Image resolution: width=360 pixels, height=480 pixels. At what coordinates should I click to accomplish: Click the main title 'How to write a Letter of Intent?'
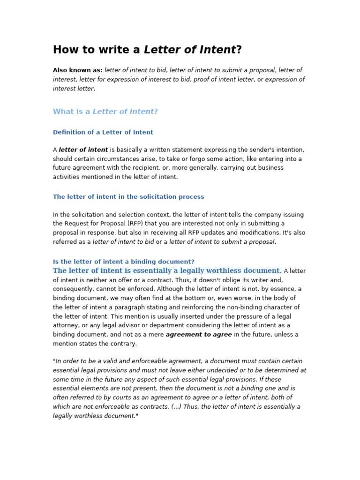tap(147, 50)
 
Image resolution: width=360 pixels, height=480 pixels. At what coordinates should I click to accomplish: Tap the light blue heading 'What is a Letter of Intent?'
tap(105, 112)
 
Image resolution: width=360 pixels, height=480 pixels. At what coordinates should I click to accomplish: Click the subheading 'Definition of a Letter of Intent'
tap(103, 132)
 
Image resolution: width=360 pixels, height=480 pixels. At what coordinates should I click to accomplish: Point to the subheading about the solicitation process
tap(128, 197)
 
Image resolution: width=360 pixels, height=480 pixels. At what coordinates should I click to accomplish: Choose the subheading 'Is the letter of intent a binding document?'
tap(123, 262)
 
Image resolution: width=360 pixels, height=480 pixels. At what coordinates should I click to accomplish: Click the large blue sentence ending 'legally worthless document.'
tap(167, 271)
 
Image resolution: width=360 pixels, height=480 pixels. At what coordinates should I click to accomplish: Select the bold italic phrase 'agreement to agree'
tap(199, 335)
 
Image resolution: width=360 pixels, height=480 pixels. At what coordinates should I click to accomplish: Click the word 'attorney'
tap(66, 325)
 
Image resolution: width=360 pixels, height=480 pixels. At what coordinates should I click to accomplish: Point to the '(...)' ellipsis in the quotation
tap(176, 407)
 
